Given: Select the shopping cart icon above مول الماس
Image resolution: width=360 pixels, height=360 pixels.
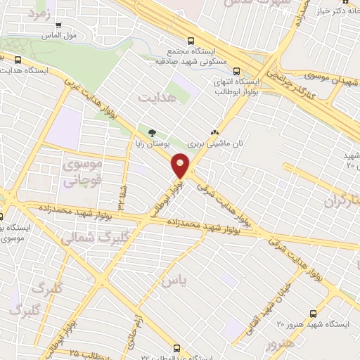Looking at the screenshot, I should pyautogui.click(x=58, y=25).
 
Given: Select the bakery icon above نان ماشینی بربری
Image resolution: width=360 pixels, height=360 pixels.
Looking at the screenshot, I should pyautogui.click(x=214, y=131).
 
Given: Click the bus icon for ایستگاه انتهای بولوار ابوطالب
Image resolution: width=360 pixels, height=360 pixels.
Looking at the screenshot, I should pyautogui.click(x=236, y=71).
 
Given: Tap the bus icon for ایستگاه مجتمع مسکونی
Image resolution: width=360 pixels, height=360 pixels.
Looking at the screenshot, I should pyautogui.click(x=188, y=40).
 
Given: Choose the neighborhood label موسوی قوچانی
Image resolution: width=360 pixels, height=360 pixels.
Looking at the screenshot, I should pyautogui.click(x=83, y=172).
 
